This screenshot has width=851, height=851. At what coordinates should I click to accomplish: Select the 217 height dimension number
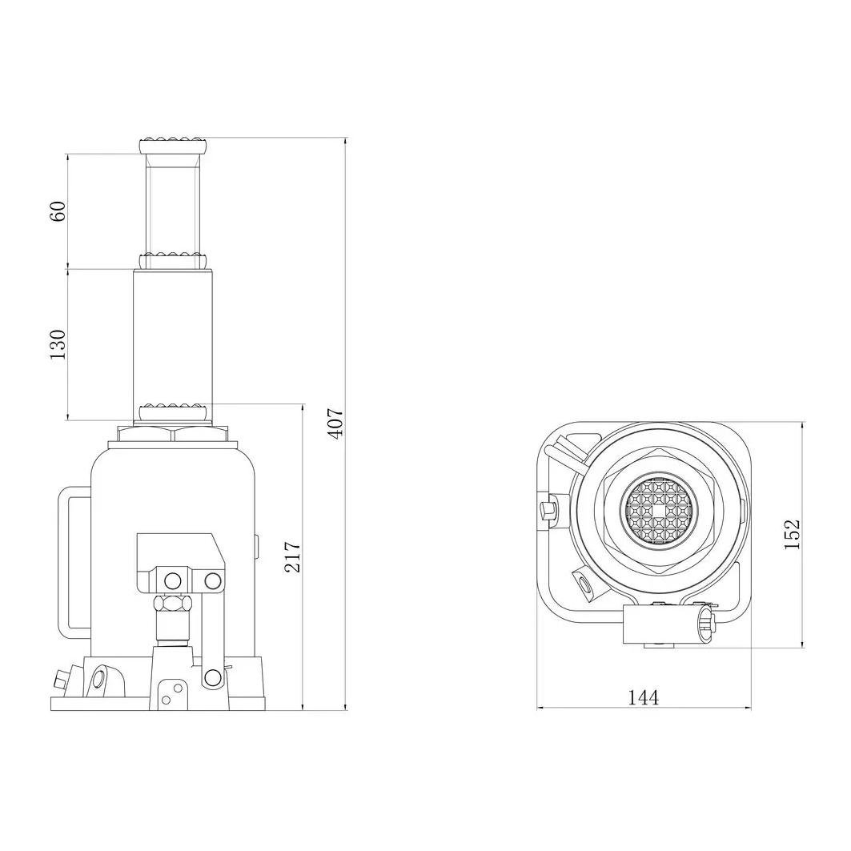click(x=293, y=556)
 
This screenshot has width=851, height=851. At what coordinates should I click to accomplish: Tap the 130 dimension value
click(x=58, y=344)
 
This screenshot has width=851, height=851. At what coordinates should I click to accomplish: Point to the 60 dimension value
click(x=58, y=211)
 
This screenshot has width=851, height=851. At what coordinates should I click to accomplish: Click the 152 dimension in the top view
click(x=793, y=534)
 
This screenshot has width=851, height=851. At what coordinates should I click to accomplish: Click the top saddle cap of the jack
click(x=172, y=147)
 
